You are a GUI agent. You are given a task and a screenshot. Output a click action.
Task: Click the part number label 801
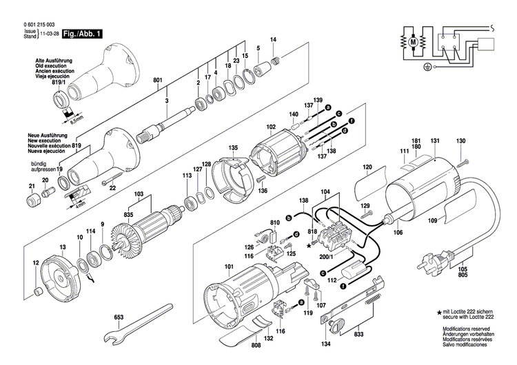157,81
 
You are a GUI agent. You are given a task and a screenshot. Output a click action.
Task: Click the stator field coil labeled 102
276,156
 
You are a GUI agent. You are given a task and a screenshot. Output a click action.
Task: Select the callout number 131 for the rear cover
434,142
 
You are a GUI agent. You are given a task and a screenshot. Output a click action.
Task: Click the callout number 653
119,317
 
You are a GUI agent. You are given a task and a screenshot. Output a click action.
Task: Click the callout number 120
367,167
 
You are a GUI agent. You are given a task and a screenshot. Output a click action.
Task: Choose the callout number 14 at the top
272,41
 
